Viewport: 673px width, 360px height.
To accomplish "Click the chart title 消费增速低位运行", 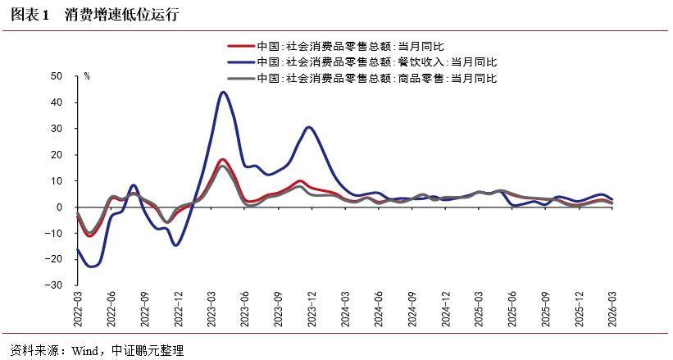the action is pos(121,15).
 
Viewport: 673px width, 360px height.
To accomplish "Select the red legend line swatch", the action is pos(241,46).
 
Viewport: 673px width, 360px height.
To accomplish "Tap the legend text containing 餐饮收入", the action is pos(377,62).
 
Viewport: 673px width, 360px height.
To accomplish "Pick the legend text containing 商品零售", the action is pos(377,78).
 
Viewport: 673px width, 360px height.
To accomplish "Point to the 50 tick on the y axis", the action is pos(57,76).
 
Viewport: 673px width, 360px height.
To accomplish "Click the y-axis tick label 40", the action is pos(57,103).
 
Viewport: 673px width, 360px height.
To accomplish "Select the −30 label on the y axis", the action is pos(53,285).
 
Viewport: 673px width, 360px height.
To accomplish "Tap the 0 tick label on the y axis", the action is pos(60,207).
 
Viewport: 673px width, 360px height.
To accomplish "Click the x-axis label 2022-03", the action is pos(78,309).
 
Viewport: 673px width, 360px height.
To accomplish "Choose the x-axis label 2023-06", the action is pos(244,309).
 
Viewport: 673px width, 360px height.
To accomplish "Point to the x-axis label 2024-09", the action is pos(412,309).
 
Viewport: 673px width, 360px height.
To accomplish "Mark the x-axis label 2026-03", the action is pos(612,309).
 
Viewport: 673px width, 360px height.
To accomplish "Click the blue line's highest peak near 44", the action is pos(223,93).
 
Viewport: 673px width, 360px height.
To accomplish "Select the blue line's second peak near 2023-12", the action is pos(308,128).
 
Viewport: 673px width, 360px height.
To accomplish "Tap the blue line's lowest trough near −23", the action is pos(92,267).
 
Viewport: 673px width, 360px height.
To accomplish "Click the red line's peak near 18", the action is pos(222,160).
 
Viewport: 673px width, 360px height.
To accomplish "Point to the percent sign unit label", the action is pos(87,76).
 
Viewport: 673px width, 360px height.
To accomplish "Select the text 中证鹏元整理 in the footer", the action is pos(148,350).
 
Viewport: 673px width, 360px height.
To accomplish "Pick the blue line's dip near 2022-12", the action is pos(175,245).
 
